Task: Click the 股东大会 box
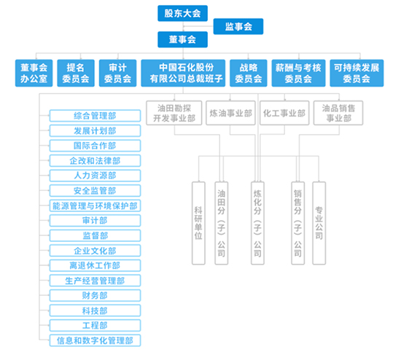point(182,13)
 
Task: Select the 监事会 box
point(238,26)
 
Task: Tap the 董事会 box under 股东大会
point(182,39)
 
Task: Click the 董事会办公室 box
point(34,73)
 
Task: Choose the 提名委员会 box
point(76,73)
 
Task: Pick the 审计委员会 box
point(117,73)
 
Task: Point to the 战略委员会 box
point(249,73)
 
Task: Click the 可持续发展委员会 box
point(357,73)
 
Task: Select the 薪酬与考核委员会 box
point(298,73)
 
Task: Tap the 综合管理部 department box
point(95,116)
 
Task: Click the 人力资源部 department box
point(95,176)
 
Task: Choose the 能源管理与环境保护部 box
point(95,206)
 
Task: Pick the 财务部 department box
point(95,296)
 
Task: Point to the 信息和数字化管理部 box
point(95,340)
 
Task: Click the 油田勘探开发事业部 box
point(174,113)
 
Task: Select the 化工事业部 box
point(284,113)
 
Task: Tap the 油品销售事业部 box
point(338,113)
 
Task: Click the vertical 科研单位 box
point(198,223)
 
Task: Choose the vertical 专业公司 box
point(319,223)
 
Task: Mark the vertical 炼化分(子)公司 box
point(257,223)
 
